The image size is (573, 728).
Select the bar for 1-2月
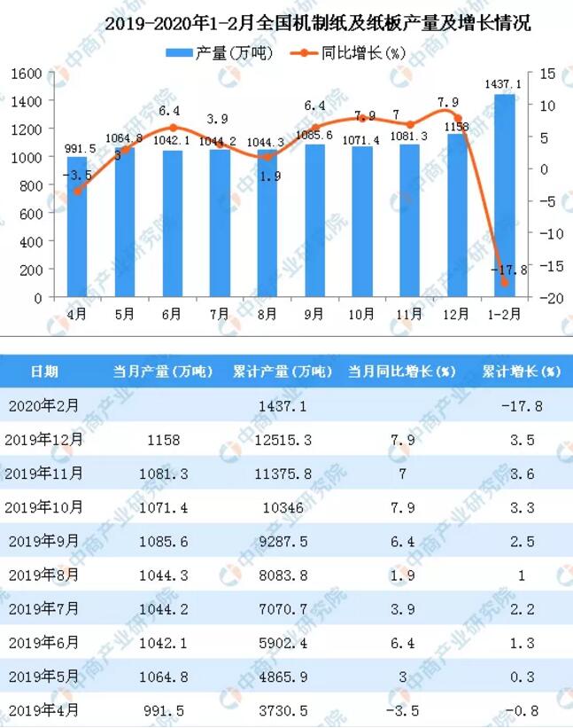tap(505, 195)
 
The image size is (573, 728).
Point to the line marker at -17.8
tap(505, 282)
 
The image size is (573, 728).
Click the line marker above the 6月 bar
tap(173, 128)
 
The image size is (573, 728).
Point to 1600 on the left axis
tap(29, 73)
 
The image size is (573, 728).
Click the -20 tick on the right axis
tap(546, 299)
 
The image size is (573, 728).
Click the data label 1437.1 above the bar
tap(503, 83)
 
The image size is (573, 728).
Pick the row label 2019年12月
tap(45, 438)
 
